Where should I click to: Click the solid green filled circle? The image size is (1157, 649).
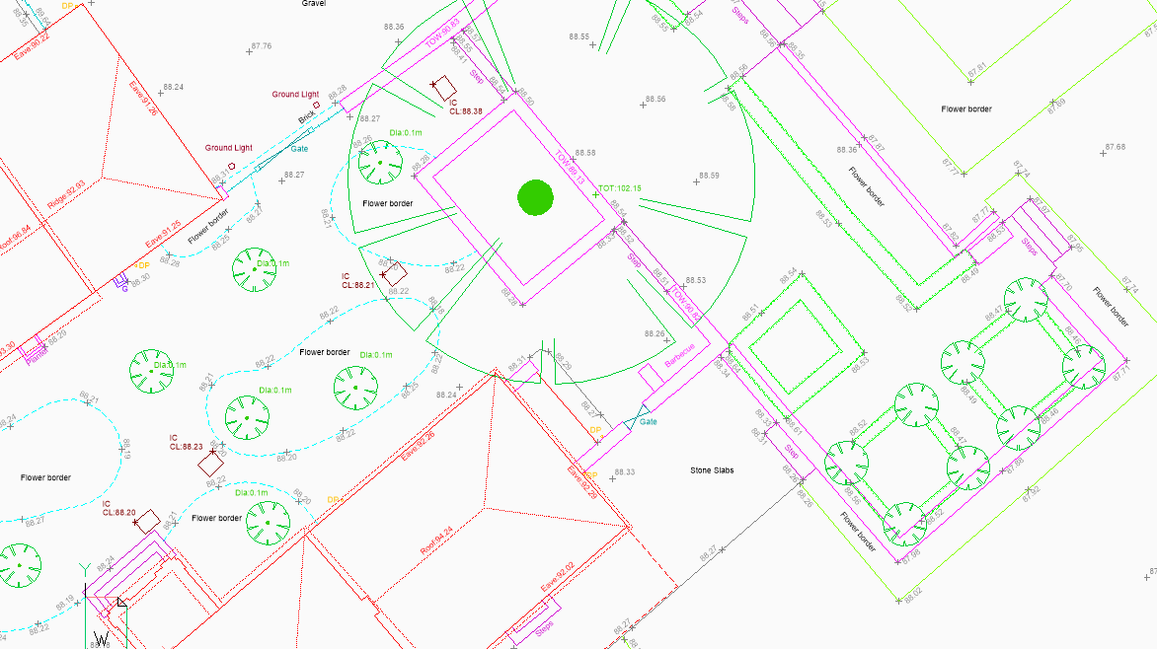pyautogui.click(x=535, y=198)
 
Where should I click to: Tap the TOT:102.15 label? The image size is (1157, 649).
pyautogui.click(x=620, y=187)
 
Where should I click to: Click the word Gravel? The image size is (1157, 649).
pyautogui.click(x=314, y=4)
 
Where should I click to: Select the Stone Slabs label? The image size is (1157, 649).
pyautogui.click(x=711, y=470)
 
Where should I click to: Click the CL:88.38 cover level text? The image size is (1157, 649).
pyautogui.click(x=466, y=111)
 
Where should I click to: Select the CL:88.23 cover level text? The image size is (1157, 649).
pyautogui.click(x=186, y=447)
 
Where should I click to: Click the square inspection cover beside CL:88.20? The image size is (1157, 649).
pyautogui.click(x=148, y=521)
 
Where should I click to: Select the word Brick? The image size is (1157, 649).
pyautogui.click(x=308, y=119)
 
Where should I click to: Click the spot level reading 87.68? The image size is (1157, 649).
pyautogui.click(x=1115, y=147)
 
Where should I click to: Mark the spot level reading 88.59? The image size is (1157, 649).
pyautogui.click(x=709, y=176)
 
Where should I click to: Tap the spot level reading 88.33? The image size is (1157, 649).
pyautogui.click(x=624, y=472)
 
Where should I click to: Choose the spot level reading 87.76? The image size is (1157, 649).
pyautogui.click(x=261, y=46)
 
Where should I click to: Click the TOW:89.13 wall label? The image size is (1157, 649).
pyautogui.click(x=570, y=169)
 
